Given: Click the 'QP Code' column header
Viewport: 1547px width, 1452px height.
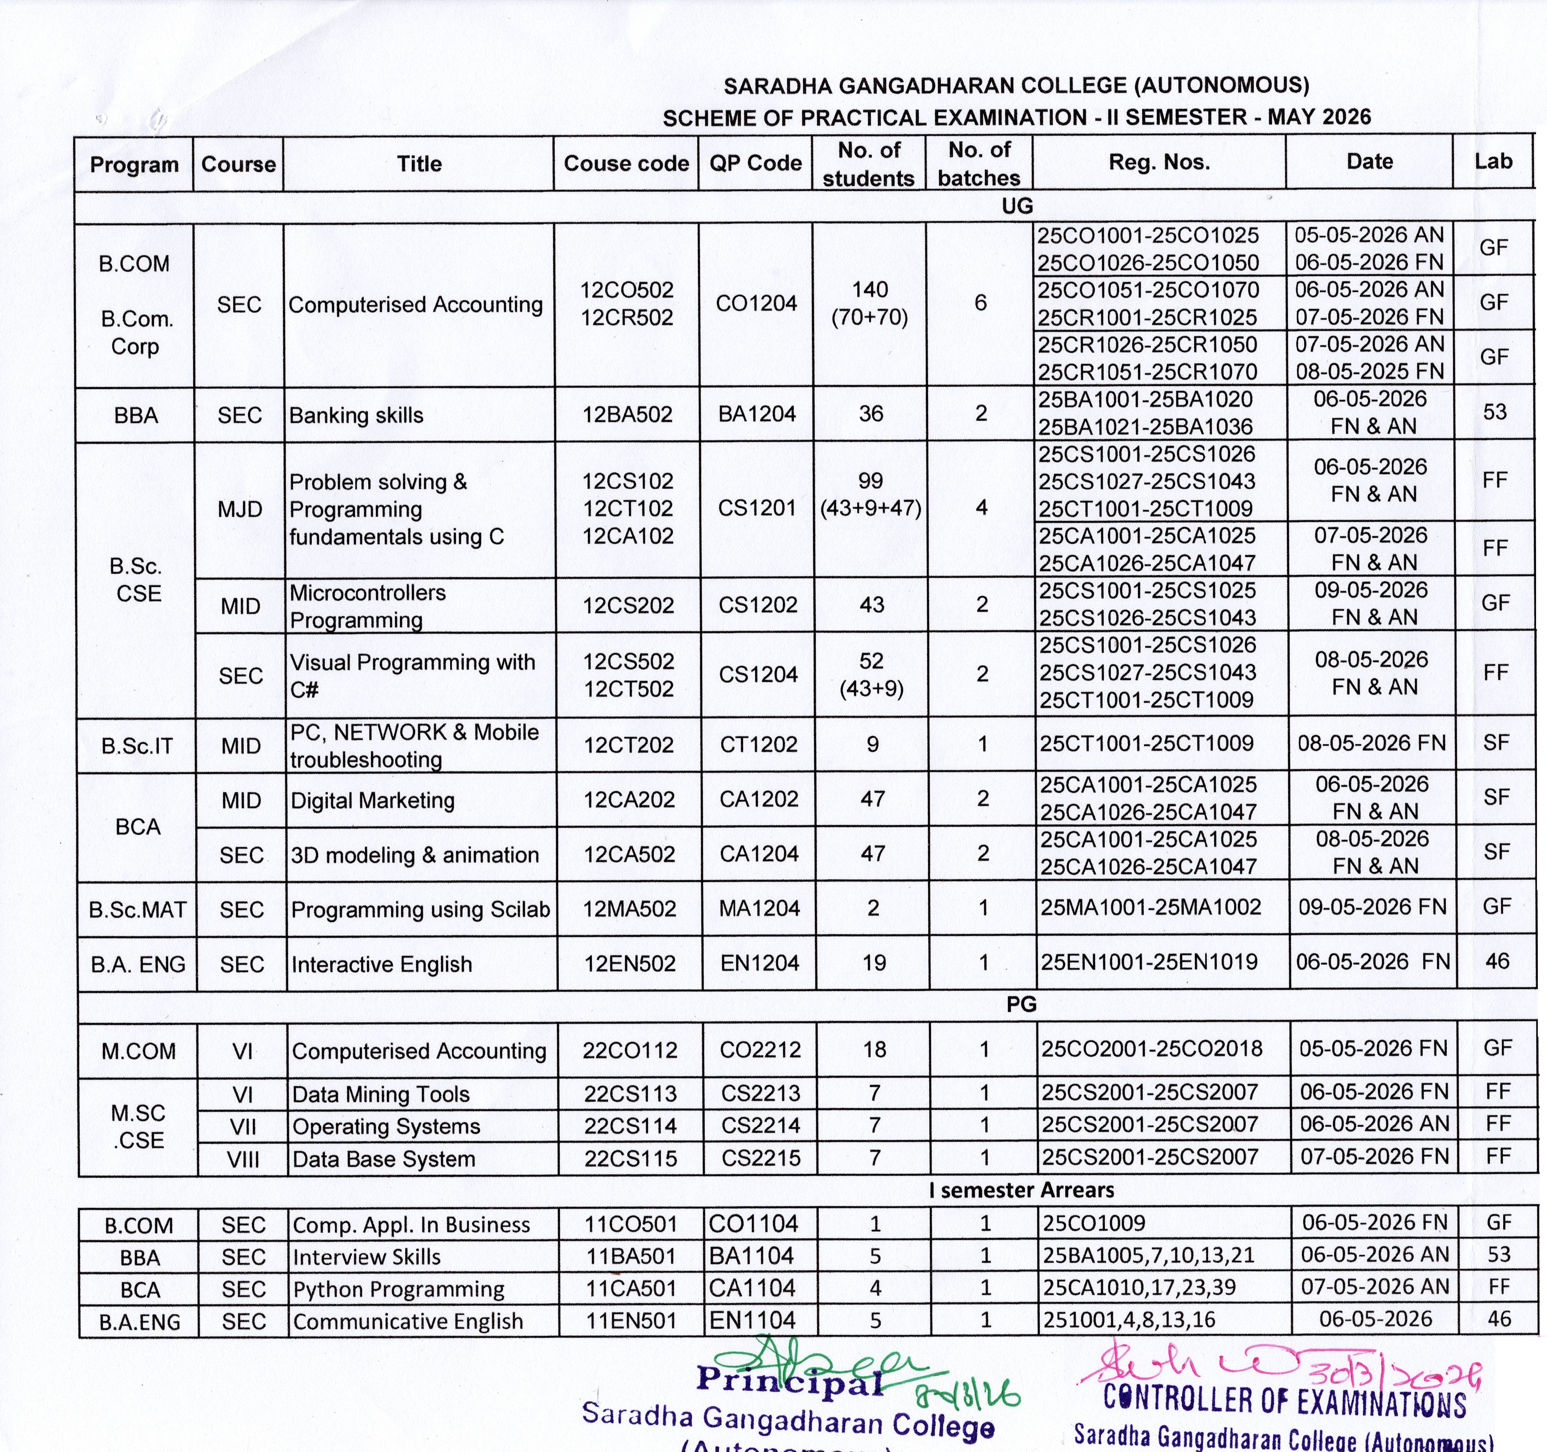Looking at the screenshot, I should tap(755, 163).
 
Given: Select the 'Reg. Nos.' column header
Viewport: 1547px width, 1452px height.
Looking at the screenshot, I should tap(1159, 162).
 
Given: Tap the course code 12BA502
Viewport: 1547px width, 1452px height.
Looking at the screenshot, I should tap(627, 414).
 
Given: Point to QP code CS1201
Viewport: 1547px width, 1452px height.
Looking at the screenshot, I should tap(757, 508).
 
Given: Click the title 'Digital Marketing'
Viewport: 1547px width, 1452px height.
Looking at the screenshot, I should tap(372, 800).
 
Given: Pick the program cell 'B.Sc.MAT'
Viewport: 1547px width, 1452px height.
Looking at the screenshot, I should tap(138, 909).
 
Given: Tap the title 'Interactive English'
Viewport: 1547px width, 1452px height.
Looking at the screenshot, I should tap(381, 964).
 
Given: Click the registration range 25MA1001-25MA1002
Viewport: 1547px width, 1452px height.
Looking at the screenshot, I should tap(1150, 907).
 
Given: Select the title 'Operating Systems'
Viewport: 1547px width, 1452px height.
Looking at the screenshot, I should tap(386, 1126).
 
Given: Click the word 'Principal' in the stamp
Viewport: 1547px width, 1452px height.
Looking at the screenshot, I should tap(790, 1380).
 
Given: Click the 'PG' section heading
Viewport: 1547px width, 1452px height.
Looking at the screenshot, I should tap(1021, 1005).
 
